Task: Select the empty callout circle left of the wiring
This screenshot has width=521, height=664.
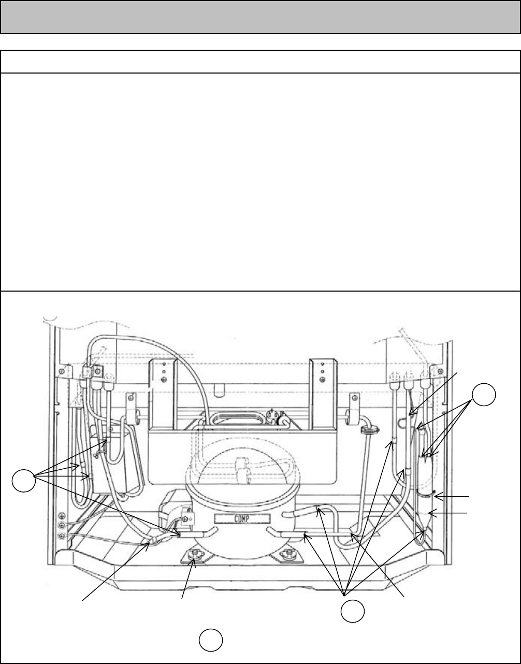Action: tap(24, 481)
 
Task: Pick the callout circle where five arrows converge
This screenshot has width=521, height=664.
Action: tap(352, 612)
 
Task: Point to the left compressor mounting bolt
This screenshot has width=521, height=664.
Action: tap(195, 555)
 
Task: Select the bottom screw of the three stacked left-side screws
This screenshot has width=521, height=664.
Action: tap(62, 535)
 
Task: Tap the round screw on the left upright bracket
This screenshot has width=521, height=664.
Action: tap(163, 379)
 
